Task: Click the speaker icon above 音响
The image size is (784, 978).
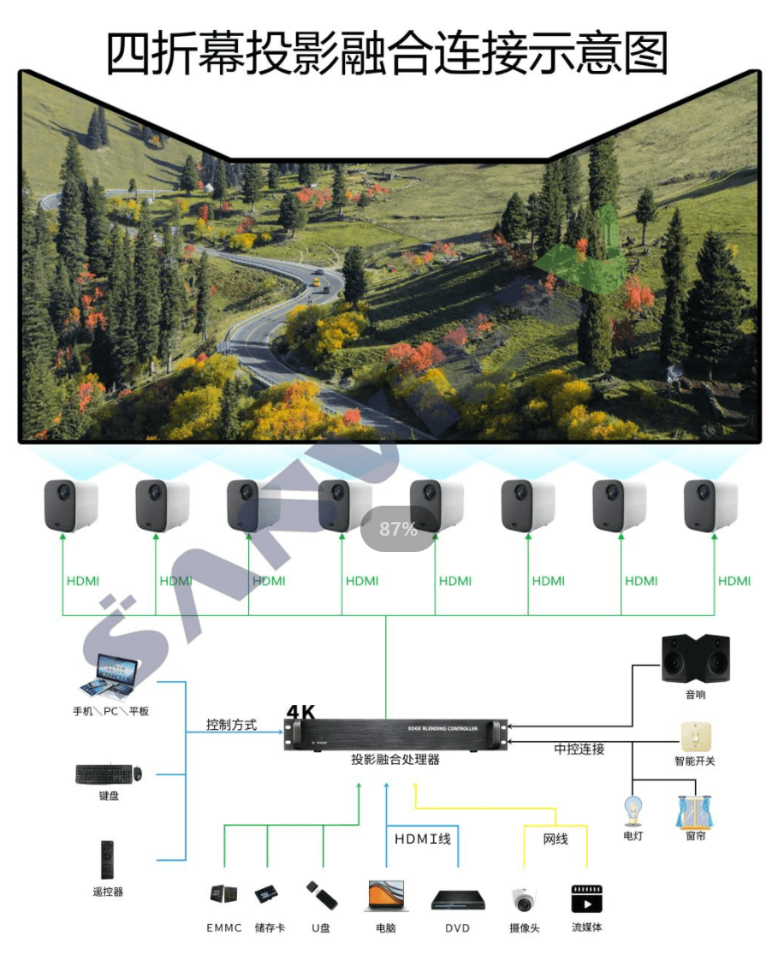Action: point(696,658)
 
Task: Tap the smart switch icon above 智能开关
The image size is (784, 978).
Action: point(694,735)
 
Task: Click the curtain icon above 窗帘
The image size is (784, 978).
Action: point(695,811)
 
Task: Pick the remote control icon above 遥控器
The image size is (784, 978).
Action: point(108,859)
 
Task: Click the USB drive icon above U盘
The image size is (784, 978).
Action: point(321,896)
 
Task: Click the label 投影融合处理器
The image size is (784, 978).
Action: point(395,760)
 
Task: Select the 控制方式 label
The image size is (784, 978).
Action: point(231,725)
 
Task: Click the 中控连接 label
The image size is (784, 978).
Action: point(579,750)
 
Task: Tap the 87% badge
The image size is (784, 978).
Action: point(398,530)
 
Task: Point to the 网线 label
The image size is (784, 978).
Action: point(555,839)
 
